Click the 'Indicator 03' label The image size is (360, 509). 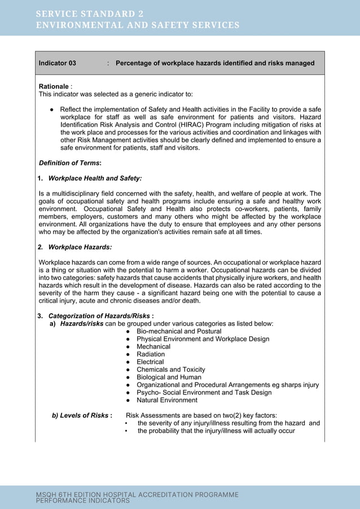coord(57,63)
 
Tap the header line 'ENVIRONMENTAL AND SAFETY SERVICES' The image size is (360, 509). coord(138,25)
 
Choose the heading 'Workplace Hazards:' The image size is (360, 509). coord(80,247)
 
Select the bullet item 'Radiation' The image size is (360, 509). coord(151,354)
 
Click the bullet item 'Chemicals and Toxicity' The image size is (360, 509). coord(171,370)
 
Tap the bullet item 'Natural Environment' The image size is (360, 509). coord(167,400)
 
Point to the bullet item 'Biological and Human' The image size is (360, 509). coord(169,377)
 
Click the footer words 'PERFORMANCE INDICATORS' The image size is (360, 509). coord(82,501)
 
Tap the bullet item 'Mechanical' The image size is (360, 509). coord(153,346)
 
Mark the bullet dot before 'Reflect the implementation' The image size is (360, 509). coord(51,109)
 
